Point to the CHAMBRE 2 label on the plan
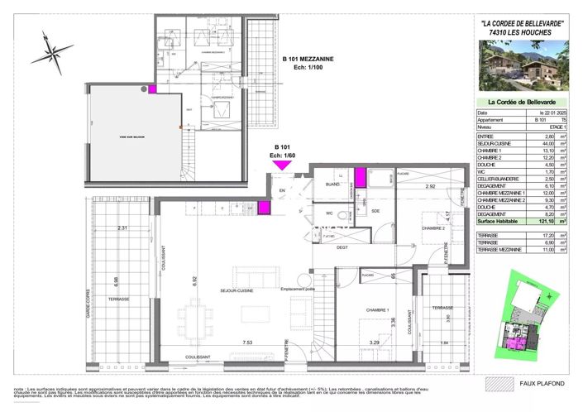click(x=433, y=228)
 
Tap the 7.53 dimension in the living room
click(x=224, y=341)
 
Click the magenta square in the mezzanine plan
click(x=153, y=88)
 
